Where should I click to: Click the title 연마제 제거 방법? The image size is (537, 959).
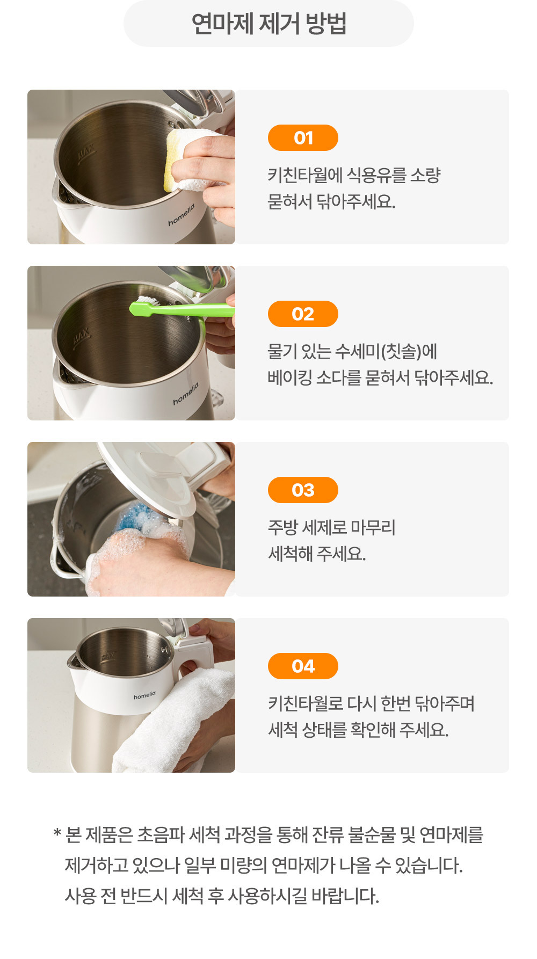[x=268, y=24]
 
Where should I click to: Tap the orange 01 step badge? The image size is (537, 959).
[x=303, y=138]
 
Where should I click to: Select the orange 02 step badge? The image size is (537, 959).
[x=303, y=314]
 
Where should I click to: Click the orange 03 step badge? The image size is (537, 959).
[x=303, y=490]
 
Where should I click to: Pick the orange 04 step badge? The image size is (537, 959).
[x=303, y=666]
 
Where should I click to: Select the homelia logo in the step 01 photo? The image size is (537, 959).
[x=182, y=215]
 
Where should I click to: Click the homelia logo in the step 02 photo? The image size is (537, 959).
[x=186, y=394]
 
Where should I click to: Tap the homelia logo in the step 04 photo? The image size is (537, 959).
[x=144, y=696]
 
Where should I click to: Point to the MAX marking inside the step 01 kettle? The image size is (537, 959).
[x=86, y=153]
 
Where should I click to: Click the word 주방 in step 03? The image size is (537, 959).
[x=282, y=527]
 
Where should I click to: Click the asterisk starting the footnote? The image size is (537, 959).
[x=57, y=833]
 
